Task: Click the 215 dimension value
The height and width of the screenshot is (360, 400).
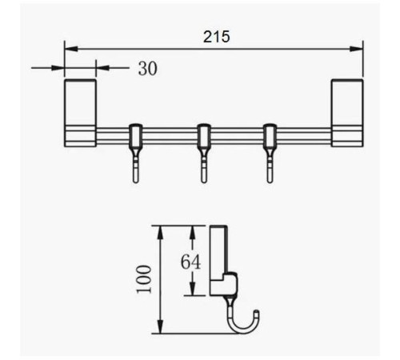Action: [x=216, y=37]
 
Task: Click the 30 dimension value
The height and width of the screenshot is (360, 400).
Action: [x=148, y=69]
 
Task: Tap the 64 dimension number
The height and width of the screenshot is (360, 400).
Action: [x=190, y=262]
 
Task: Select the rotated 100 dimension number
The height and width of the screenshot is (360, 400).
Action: [x=144, y=279]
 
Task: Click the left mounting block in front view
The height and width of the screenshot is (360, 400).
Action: [x=80, y=113]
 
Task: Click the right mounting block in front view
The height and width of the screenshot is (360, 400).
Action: [x=347, y=113]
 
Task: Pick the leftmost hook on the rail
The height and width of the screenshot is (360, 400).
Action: [x=136, y=153]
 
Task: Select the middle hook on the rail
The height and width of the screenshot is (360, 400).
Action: [x=204, y=153]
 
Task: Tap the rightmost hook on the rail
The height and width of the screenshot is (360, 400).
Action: [x=270, y=153]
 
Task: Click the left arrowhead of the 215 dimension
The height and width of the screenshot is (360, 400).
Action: [x=71, y=49]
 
